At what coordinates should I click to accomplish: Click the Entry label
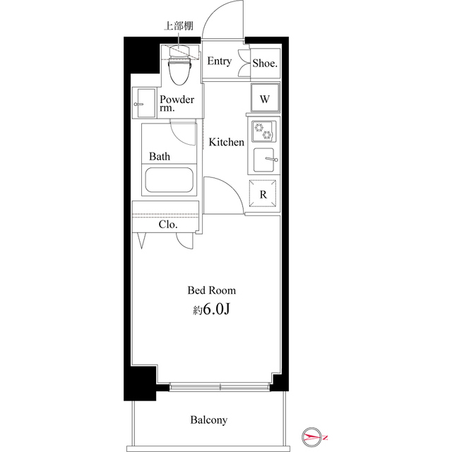[x=219, y=61]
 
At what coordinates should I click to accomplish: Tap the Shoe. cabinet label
[x=266, y=63]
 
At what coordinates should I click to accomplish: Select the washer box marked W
[x=264, y=99]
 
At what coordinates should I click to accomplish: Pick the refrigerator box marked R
[x=263, y=194]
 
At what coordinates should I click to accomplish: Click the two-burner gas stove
[x=263, y=131]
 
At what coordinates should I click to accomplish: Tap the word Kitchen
[x=227, y=142]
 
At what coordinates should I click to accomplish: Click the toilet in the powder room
[x=182, y=69]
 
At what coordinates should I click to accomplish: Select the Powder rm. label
[x=176, y=104]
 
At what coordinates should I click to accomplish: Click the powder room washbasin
[x=144, y=103]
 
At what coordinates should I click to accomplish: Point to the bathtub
[x=169, y=180]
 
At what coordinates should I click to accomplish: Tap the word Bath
[x=159, y=155]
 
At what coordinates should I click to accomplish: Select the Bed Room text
[x=211, y=290]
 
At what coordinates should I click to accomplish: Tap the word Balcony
[x=209, y=420]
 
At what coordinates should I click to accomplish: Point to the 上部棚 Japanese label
[x=177, y=27]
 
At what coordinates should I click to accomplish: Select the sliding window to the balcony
[x=220, y=386]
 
